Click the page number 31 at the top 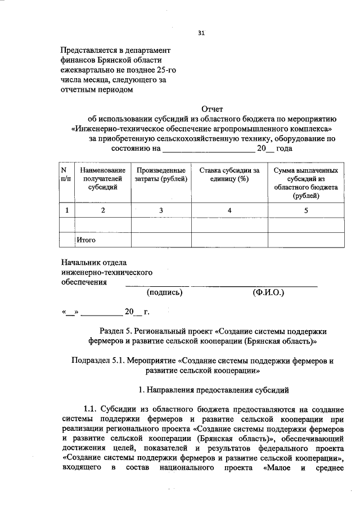(x=201, y=33)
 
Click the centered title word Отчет (x=212, y=109)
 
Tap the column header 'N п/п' (x=66, y=174)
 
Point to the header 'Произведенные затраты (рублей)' (x=161, y=174)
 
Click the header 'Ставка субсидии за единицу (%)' (x=228, y=174)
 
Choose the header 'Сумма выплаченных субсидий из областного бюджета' (x=305, y=183)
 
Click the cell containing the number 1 (x=67, y=210)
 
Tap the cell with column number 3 (x=161, y=210)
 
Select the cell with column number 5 (x=305, y=210)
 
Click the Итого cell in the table (x=87, y=240)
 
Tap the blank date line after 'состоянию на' (x=208, y=149)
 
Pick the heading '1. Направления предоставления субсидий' (x=212, y=390)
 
